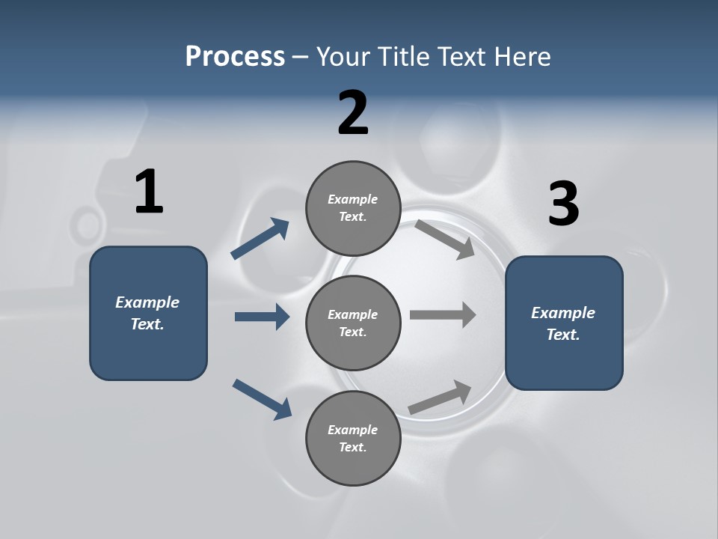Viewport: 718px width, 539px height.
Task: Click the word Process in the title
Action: [x=235, y=56]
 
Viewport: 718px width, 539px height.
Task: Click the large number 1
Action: [x=149, y=192]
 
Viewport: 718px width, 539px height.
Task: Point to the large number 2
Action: [x=353, y=113]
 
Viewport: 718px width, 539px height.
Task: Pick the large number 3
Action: [x=563, y=204]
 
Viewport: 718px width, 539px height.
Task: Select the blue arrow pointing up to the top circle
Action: [x=260, y=239]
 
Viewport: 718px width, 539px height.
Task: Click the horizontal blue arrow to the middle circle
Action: [x=262, y=317]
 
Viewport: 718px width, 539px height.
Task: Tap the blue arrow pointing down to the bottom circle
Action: [x=262, y=399]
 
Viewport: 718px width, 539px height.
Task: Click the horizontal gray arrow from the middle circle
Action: [x=443, y=314]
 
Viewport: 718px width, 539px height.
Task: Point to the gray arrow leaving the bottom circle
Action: [x=441, y=397]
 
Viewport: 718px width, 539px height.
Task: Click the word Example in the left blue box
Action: [x=147, y=302]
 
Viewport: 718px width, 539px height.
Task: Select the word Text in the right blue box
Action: [x=562, y=335]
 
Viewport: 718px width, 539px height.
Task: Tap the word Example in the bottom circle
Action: [x=353, y=430]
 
